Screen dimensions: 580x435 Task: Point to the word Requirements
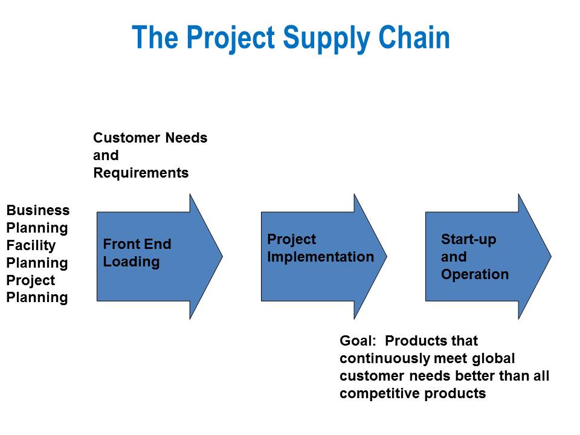pyautogui.click(x=141, y=173)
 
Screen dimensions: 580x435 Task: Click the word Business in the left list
pyautogui.click(x=38, y=210)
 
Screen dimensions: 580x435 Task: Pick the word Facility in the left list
pyautogui.click(x=31, y=246)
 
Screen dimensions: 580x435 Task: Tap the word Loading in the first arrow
pyautogui.click(x=131, y=262)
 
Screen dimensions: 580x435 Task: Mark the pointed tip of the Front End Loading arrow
pyautogui.click(x=222, y=256)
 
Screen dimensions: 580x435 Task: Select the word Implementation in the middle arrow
pyautogui.click(x=321, y=257)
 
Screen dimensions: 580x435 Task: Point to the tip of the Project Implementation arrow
pyautogui.click(x=387, y=256)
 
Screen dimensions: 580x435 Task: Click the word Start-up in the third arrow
pyautogui.click(x=469, y=240)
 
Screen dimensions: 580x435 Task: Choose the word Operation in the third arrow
pyautogui.click(x=475, y=274)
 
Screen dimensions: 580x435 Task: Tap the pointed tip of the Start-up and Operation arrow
pyautogui.click(x=551, y=256)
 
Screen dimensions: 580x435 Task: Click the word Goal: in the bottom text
pyautogui.click(x=358, y=341)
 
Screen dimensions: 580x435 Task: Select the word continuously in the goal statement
pyautogui.click(x=385, y=358)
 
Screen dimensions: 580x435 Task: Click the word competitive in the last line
pyautogui.click(x=380, y=394)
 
